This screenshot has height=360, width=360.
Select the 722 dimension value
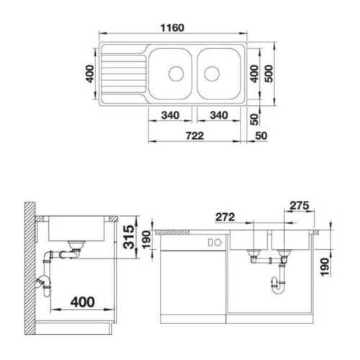[192, 135]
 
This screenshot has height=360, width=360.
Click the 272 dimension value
[225, 216]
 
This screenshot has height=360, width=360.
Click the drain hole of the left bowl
[174, 73]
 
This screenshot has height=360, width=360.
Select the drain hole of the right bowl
[212, 73]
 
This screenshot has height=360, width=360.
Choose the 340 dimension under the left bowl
[171, 116]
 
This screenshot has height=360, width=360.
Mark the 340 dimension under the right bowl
[217, 116]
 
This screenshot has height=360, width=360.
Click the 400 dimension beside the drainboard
[90, 73]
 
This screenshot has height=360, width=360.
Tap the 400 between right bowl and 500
[253, 73]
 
